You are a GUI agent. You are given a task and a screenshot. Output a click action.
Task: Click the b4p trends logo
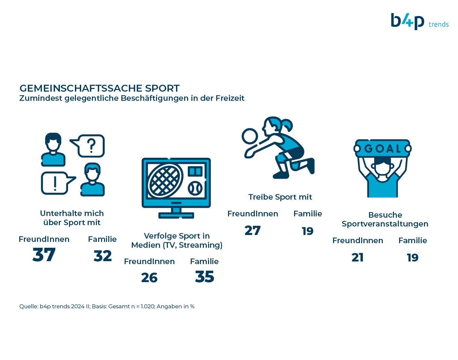[x=419, y=22]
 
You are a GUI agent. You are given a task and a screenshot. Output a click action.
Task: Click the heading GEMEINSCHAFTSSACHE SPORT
[x=99, y=88]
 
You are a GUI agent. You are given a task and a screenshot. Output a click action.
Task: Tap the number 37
[x=44, y=255]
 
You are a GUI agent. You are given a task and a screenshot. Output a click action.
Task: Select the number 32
[x=103, y=256]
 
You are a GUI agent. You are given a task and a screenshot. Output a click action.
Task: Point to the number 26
[x=149, y=278]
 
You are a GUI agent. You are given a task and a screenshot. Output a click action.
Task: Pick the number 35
[x=204, y=277]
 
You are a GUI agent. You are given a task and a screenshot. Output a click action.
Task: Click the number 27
[x=253, y=230]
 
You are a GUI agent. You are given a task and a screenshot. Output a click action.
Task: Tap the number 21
[x=358, y=257]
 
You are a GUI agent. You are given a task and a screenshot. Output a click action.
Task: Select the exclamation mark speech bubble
[x=58, y=183]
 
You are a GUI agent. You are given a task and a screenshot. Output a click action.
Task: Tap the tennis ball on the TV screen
[x=195, y=188]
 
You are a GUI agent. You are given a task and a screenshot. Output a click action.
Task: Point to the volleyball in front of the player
[x=250, y=136]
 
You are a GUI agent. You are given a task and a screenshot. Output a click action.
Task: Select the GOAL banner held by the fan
[x=382, y=148]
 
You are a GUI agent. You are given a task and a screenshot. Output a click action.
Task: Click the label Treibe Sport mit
[x=280, y=197]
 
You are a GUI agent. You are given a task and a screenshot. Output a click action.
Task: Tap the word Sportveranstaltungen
[x=385, y=224]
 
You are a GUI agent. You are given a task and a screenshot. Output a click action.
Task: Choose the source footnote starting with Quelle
[x=107, y=306]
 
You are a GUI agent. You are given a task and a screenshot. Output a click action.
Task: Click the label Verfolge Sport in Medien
[x=177, y=241]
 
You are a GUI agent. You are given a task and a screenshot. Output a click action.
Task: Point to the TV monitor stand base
[x=176, y=215]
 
